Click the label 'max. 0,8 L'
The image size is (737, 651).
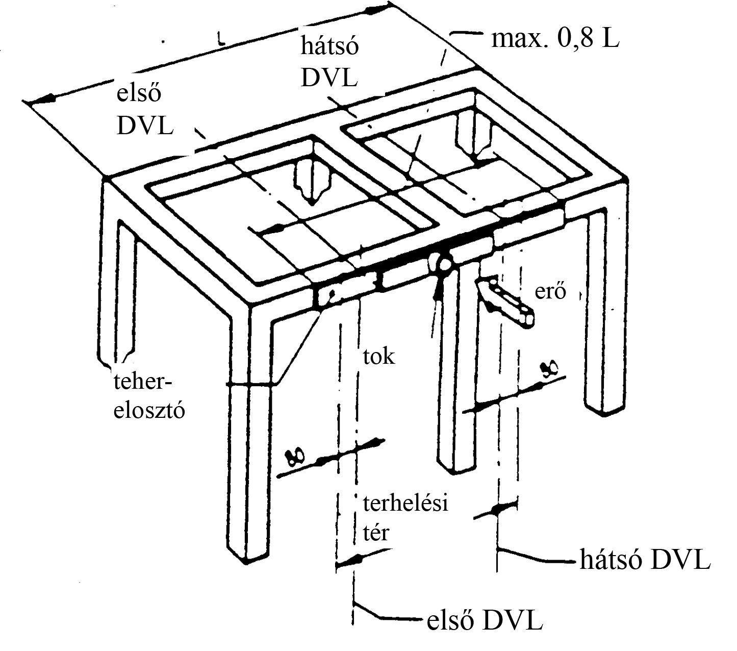(555, 39)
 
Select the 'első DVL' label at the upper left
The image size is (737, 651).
(145, 110)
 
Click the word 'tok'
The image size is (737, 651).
(379, 356)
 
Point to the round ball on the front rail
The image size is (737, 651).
(442, 264)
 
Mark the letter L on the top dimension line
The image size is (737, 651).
(220, 39)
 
